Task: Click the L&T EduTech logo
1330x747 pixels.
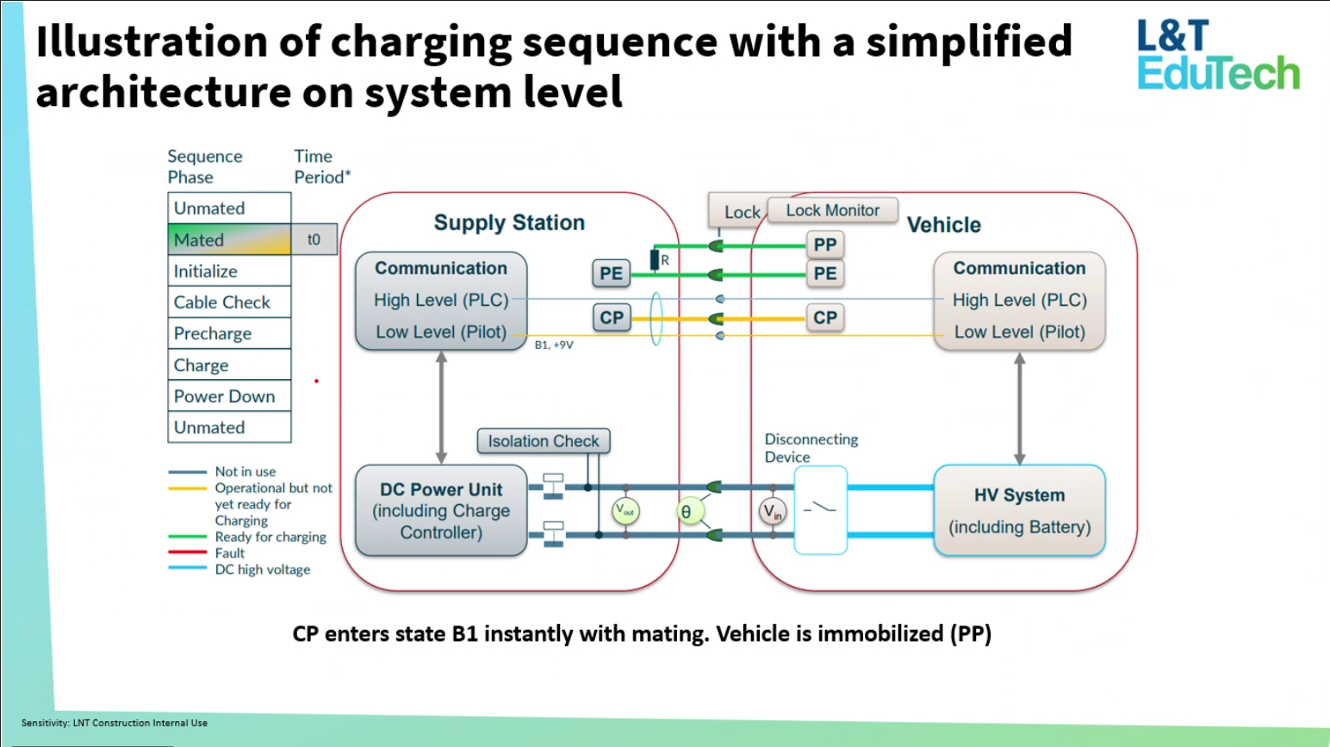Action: [1217, 55]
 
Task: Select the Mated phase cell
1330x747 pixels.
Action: [229, 240]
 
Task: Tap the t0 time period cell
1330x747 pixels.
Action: [314, 240]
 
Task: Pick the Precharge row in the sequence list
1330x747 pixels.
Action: [229, 333]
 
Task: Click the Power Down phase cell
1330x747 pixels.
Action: [229, 396]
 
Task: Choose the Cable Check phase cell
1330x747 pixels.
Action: [229, 302]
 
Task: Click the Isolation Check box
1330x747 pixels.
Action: [544, 441]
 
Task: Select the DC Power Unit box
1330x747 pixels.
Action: [441, 511]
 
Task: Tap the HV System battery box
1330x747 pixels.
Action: [1019, 511]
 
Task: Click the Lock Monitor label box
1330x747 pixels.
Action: [832, 210]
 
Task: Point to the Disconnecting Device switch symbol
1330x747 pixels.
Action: [820, 510]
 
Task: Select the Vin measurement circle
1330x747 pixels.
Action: [773, 513]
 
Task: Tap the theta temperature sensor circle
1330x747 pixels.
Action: [687, 512]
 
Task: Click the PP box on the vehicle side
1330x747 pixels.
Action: [824, 245]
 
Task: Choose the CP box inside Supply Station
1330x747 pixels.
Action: [612, 318]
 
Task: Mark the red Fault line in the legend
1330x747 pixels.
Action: [187, 553]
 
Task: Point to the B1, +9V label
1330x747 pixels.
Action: [554, 345]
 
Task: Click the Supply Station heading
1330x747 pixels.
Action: [509, 222]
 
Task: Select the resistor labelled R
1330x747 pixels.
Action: [655, 259]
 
